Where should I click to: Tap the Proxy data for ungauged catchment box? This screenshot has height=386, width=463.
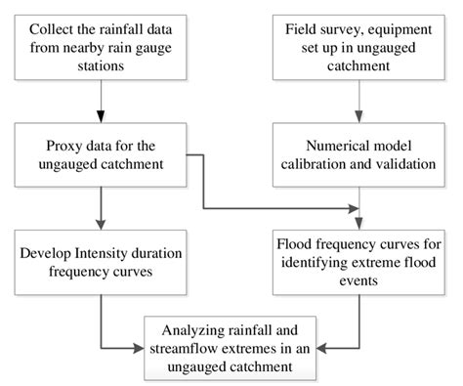click(100, 151)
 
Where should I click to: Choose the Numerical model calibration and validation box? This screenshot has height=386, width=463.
click(360, 151)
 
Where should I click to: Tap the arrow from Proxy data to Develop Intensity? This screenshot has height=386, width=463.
click(100, 206)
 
